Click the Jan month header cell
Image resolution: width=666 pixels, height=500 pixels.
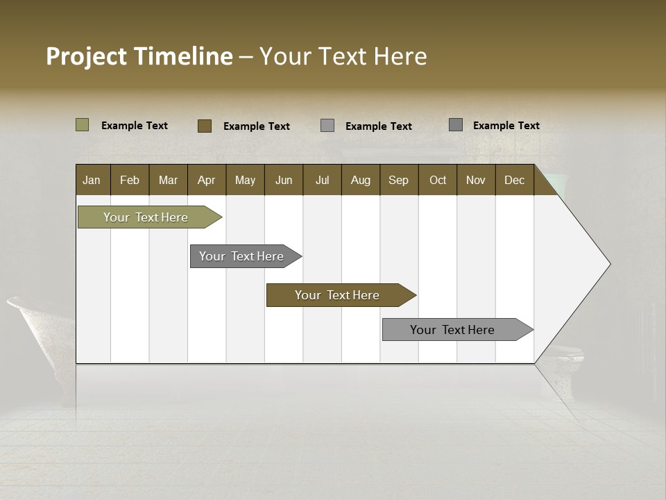92,180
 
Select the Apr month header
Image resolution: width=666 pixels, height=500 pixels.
207,180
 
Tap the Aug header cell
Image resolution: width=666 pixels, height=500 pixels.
361,180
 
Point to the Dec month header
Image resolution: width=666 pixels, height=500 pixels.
514,180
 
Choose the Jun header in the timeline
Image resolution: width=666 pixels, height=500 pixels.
284,180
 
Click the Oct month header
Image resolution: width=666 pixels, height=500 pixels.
438,180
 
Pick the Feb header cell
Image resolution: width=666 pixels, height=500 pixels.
130,180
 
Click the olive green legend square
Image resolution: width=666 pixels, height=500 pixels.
83,125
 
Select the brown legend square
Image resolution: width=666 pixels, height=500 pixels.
205,126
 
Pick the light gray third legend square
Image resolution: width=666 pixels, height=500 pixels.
327,126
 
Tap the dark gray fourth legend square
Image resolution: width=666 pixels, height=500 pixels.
456,125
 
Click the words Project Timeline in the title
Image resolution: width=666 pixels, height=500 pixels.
139,56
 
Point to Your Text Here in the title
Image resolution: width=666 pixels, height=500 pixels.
343,56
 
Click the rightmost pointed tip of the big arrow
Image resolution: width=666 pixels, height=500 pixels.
609,264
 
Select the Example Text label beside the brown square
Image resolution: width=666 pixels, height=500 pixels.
257,126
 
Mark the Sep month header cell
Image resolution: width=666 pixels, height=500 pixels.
399,180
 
